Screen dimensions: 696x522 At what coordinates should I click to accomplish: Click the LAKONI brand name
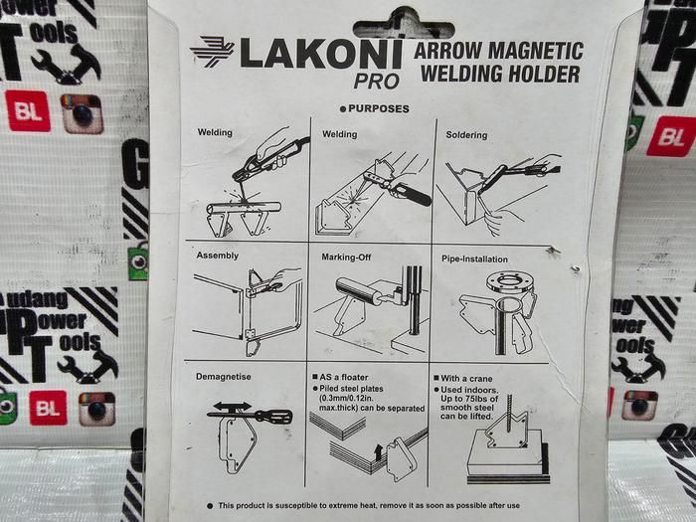(x=321, y=54)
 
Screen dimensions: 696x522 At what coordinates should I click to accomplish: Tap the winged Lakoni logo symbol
(x=212, y=52)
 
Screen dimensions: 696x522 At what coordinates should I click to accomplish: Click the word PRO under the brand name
(x=377, y=82)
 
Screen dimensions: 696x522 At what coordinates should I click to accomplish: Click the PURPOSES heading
(x=379, y=108)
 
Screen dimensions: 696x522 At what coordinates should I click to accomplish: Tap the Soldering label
(x=466, y=135)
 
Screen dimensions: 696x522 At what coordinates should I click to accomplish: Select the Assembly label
(x=218, y=256)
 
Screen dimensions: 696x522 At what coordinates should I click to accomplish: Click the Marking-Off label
(x=346, y=257)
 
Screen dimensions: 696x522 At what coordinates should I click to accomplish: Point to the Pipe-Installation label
(x=474, y=260)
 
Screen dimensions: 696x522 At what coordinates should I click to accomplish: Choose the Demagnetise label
(x=224, y=377)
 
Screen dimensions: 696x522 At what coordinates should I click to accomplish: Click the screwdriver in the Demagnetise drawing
(x=250, y=416)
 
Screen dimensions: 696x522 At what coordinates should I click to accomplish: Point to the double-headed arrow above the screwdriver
(x=232, y=406)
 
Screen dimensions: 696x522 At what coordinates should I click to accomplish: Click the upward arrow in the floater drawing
(x=378, y=452)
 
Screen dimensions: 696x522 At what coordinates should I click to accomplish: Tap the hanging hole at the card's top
(x=404, y=25)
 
